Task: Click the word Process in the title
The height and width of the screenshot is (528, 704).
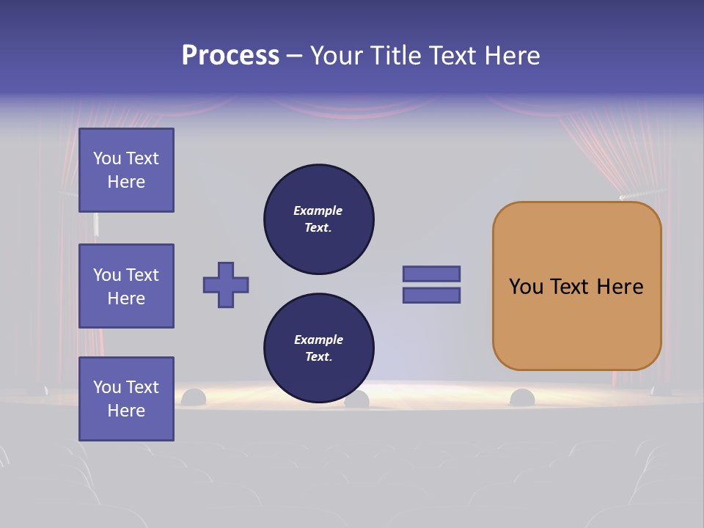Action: coord(230,56)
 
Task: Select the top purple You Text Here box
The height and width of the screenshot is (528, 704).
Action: coord(126,170)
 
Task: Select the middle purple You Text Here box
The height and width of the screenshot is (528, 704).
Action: coord(126,286)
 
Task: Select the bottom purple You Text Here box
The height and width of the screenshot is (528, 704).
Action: coord(126,399)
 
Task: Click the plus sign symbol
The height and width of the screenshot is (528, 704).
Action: coord(226,285)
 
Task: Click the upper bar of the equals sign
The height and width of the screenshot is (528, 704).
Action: coord(431,274)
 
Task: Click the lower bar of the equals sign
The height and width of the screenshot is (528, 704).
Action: coord(431,296)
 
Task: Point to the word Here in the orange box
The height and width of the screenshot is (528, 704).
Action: coord(620,287)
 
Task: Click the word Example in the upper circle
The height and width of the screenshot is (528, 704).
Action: coord(318,210)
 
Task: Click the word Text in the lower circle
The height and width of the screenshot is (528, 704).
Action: coord(318,356)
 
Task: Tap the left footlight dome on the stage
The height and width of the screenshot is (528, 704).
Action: coord(194,397)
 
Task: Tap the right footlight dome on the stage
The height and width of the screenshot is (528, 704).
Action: coord(522,397)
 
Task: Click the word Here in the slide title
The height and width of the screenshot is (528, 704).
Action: coord(511,56)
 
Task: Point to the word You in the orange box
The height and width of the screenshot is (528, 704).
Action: coord(526,287)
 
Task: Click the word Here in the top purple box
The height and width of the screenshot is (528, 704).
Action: coord(126,182)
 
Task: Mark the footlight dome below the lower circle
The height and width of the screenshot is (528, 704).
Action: coord(357,400)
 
